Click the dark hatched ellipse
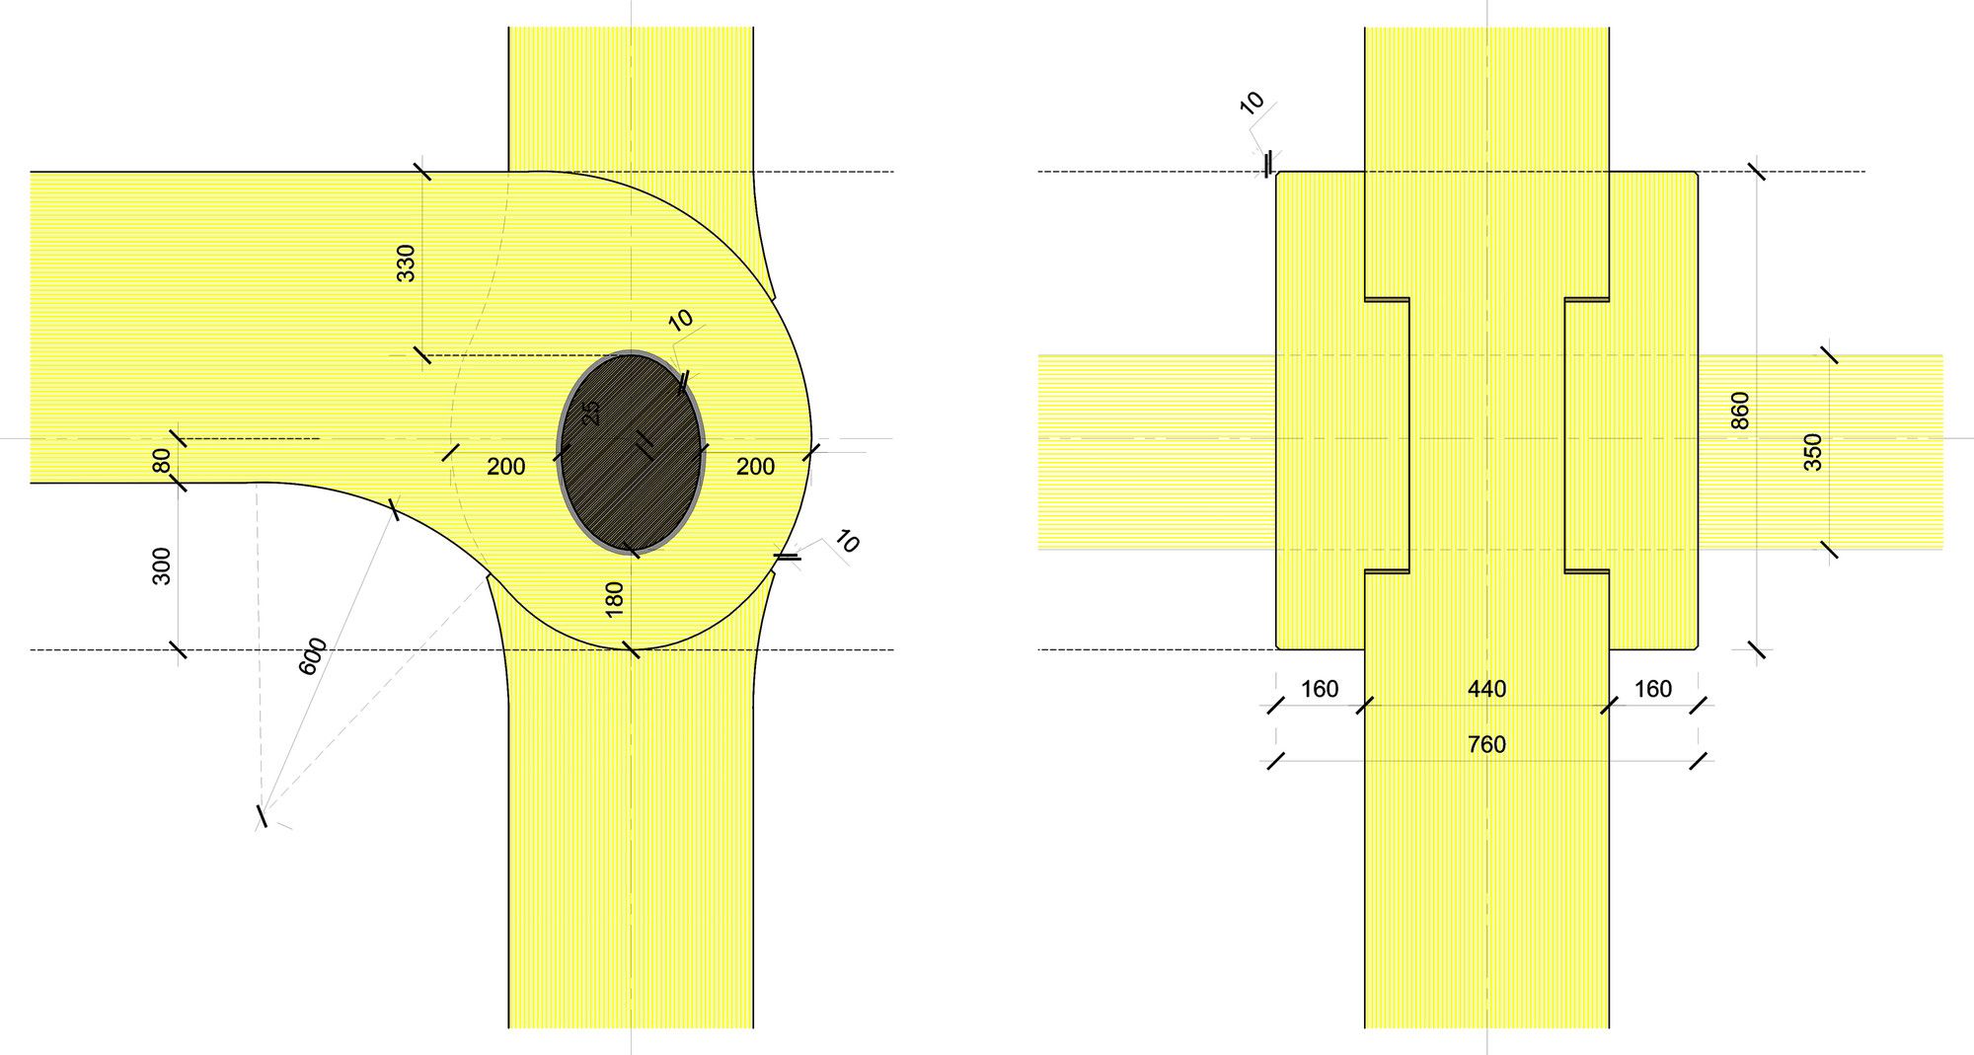(632, 452)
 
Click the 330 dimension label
(406, 263)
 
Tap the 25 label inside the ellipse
(591, 413)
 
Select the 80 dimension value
(162, 461)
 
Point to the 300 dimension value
(162, 566)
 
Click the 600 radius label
(312, 656)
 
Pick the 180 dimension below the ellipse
(614, 599)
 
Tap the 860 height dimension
(1740, 411)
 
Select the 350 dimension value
(1813, 452)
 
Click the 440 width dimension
(1486, 689)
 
